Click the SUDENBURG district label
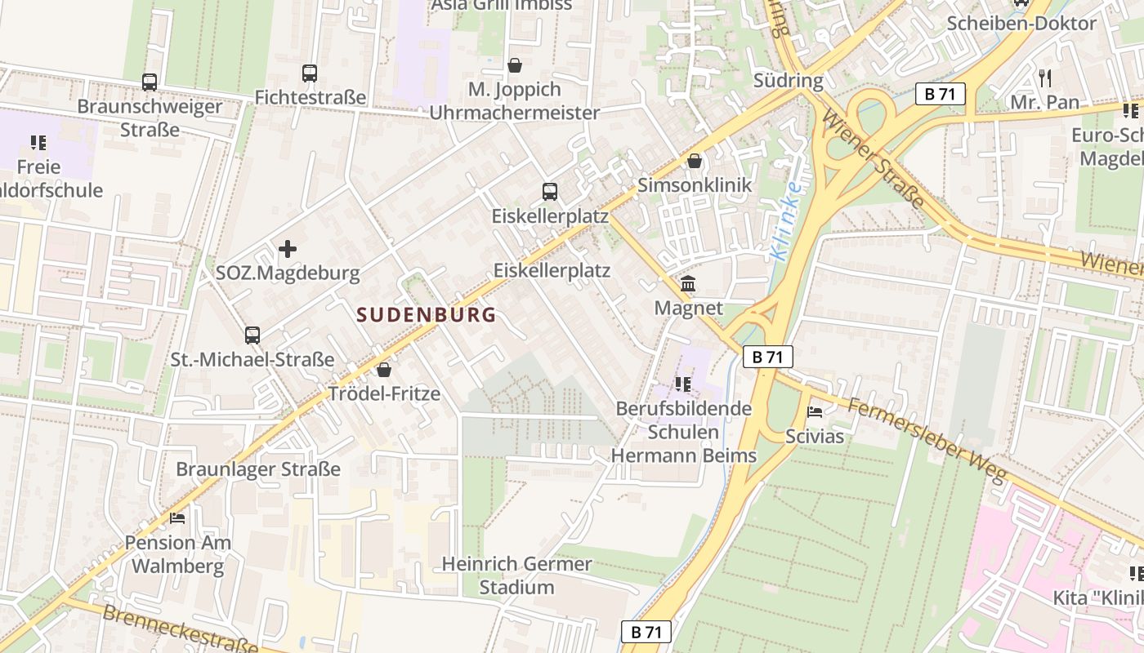pyautogui.click(x=427, y=315)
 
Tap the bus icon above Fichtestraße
pyautogui.click(x=310, y=73)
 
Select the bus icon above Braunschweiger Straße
pyautogui.click(x=150, y=82)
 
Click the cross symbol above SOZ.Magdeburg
pyautogui.click(x=288, y=249)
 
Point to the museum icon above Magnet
pyautogui.click(x=688, y=284)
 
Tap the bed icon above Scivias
pyautogui.click(x=814, y=412)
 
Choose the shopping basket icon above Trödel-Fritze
pyautogui.click(x=384, y=370)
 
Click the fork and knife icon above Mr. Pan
pyautogui.click(x=1044, y=78)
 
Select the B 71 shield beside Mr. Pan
pyautogui.click(x=940, y=94)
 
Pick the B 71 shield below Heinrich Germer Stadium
pyautogui.click(x=646, y=631)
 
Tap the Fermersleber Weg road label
pyautogui.click(x=927, y=441)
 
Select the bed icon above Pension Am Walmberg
pyautogui.click(x=177, y=518)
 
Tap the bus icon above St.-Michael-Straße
pyautogui.click(x=252, y=335)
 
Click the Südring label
pyautogui.click(x=788, y=80)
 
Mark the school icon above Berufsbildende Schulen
pyautogui.click(x=683, y=384)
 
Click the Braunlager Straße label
pyautogui.click(x=258, y=469)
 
